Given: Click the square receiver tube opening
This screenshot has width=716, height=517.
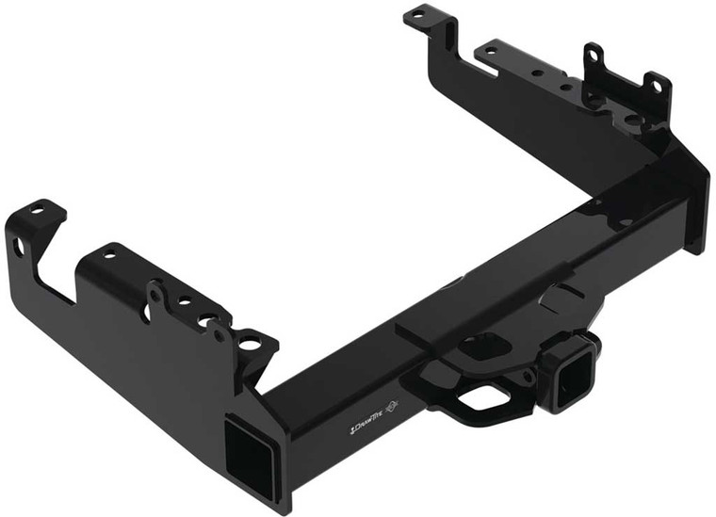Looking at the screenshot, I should pos(571,383).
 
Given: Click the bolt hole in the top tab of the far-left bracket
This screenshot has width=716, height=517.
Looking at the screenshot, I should pos(38,210).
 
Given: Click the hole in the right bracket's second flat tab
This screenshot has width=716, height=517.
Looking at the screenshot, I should pos(491,50).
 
